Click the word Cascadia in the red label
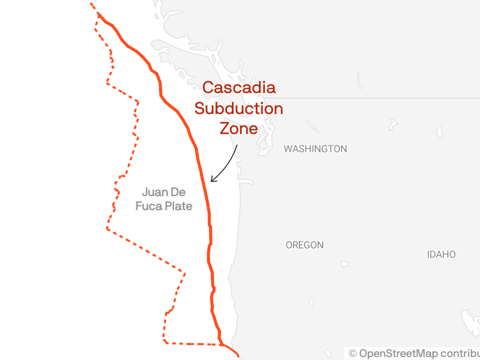click(239, 88)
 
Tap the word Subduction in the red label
click(239, 108)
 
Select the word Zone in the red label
click(239, 128)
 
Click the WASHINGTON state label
click(315, 149)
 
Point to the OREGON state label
click(304, 245)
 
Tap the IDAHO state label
click(441, 254)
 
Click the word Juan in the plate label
click(155, 192)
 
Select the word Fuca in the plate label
click(148, 206)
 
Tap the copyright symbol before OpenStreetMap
click(352, 353)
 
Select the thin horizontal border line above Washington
click(372, 98)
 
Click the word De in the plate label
click(178, 192)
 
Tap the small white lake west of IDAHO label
click(345, 264)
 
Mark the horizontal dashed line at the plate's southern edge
click(192, 344)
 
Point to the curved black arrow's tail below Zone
click(237, 146)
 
